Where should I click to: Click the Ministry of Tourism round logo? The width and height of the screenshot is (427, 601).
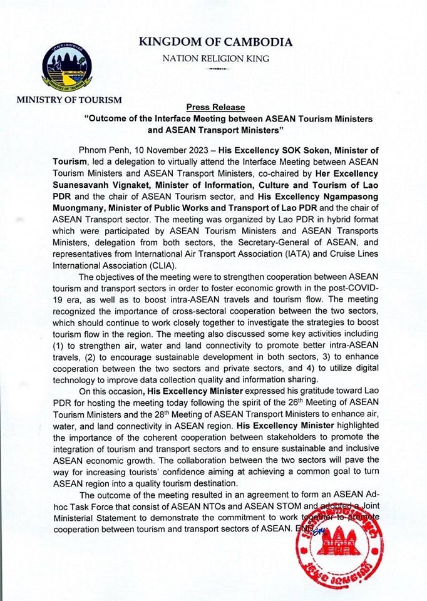(x=66, y=65)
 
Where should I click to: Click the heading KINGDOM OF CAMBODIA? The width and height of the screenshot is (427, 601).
(x=215, y=43)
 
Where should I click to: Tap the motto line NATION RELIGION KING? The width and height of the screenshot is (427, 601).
(x=215, y=59)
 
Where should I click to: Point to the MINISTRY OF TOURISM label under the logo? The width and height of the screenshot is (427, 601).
(x=69, y=100)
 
